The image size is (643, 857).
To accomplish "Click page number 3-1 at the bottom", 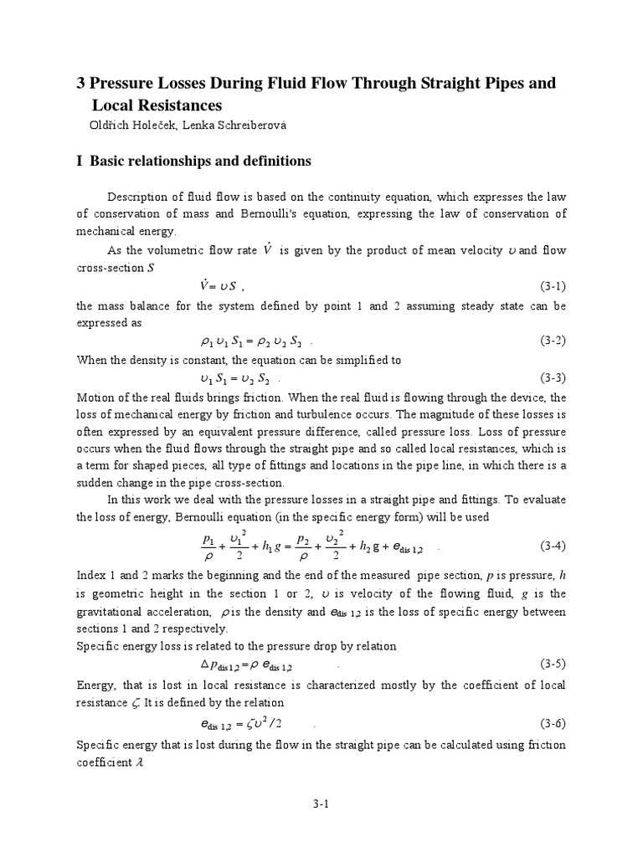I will pos(322,804).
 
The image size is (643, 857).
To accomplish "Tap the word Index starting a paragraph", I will pos(92,576).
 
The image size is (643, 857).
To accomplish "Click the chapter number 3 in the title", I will pos(81,85).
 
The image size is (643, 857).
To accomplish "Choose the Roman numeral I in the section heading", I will pos(79,161).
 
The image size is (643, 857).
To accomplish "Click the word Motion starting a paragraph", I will pos(95,397).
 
